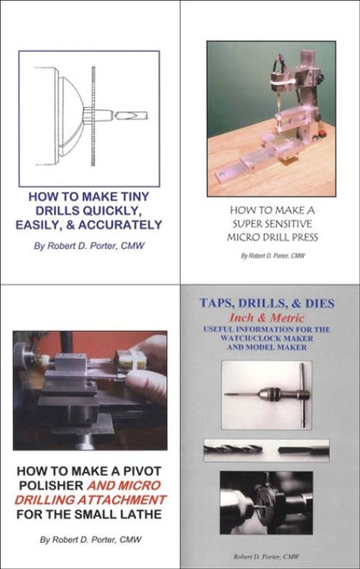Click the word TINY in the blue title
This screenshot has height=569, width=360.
tap(133, 196)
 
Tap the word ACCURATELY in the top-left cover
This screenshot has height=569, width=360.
tap(120, 225)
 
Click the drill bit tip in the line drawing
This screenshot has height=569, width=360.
tap(117, 116)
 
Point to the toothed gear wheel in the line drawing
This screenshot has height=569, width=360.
tap(93, 117)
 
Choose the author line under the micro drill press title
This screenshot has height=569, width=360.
tap(273, 255)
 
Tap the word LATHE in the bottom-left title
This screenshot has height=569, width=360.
tap(142, 515)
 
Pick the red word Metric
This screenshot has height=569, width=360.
tap(286, 318)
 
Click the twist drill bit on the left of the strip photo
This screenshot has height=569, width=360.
tap(233, 451)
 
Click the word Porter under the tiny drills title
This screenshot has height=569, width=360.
tap(105, 246)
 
